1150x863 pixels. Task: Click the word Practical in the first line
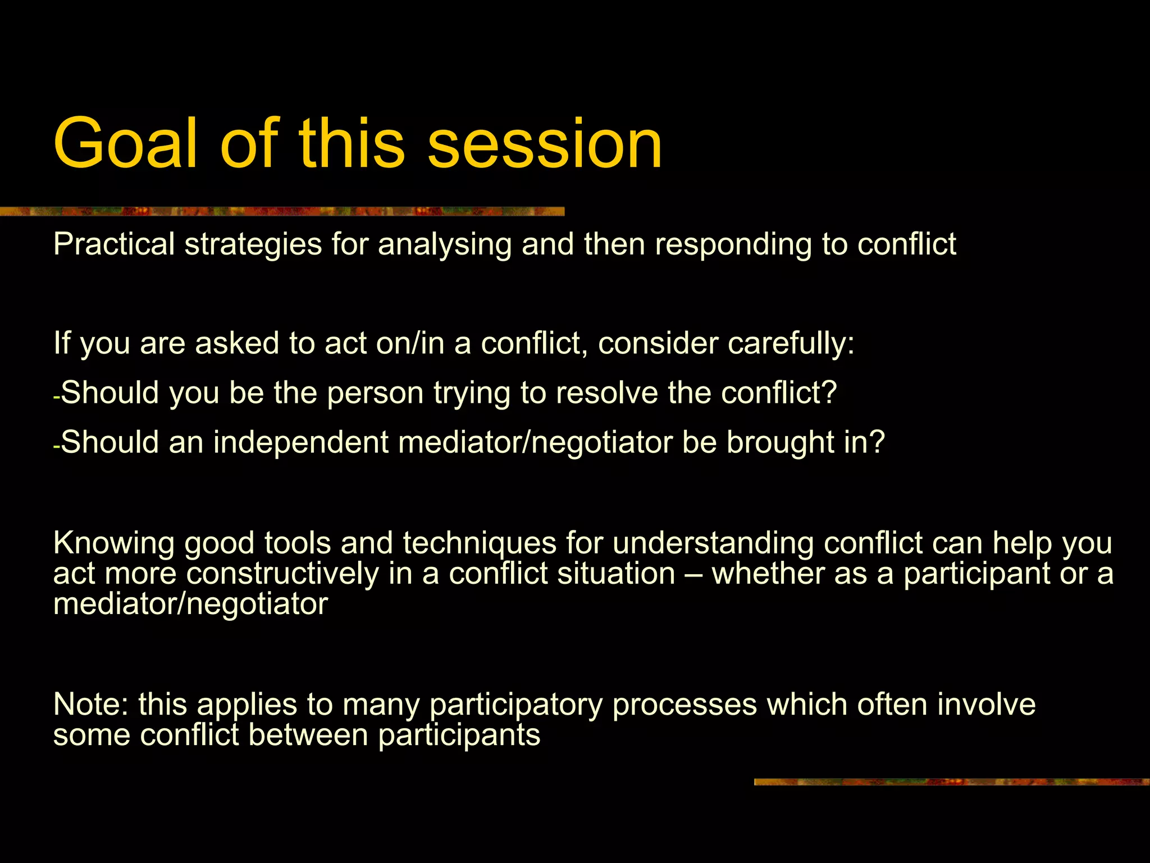pos(114,244)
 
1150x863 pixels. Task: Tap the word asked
pos(236,343)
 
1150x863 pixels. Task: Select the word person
pos(375,393)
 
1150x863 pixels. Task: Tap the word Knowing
pos(114,544)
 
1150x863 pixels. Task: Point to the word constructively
pos(282,574)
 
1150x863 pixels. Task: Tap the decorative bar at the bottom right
pos(951,782)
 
